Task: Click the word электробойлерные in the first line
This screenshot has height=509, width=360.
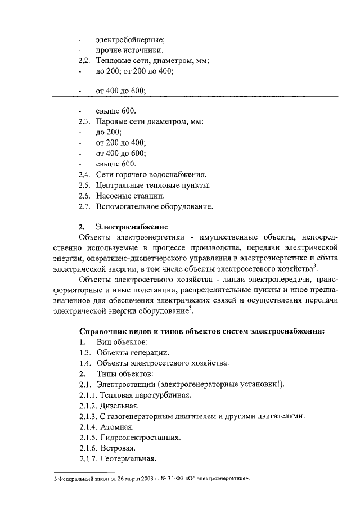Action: click(130, 39)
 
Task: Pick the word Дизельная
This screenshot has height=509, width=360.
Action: click(120, 406)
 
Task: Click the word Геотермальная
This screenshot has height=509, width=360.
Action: click(128, 459)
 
